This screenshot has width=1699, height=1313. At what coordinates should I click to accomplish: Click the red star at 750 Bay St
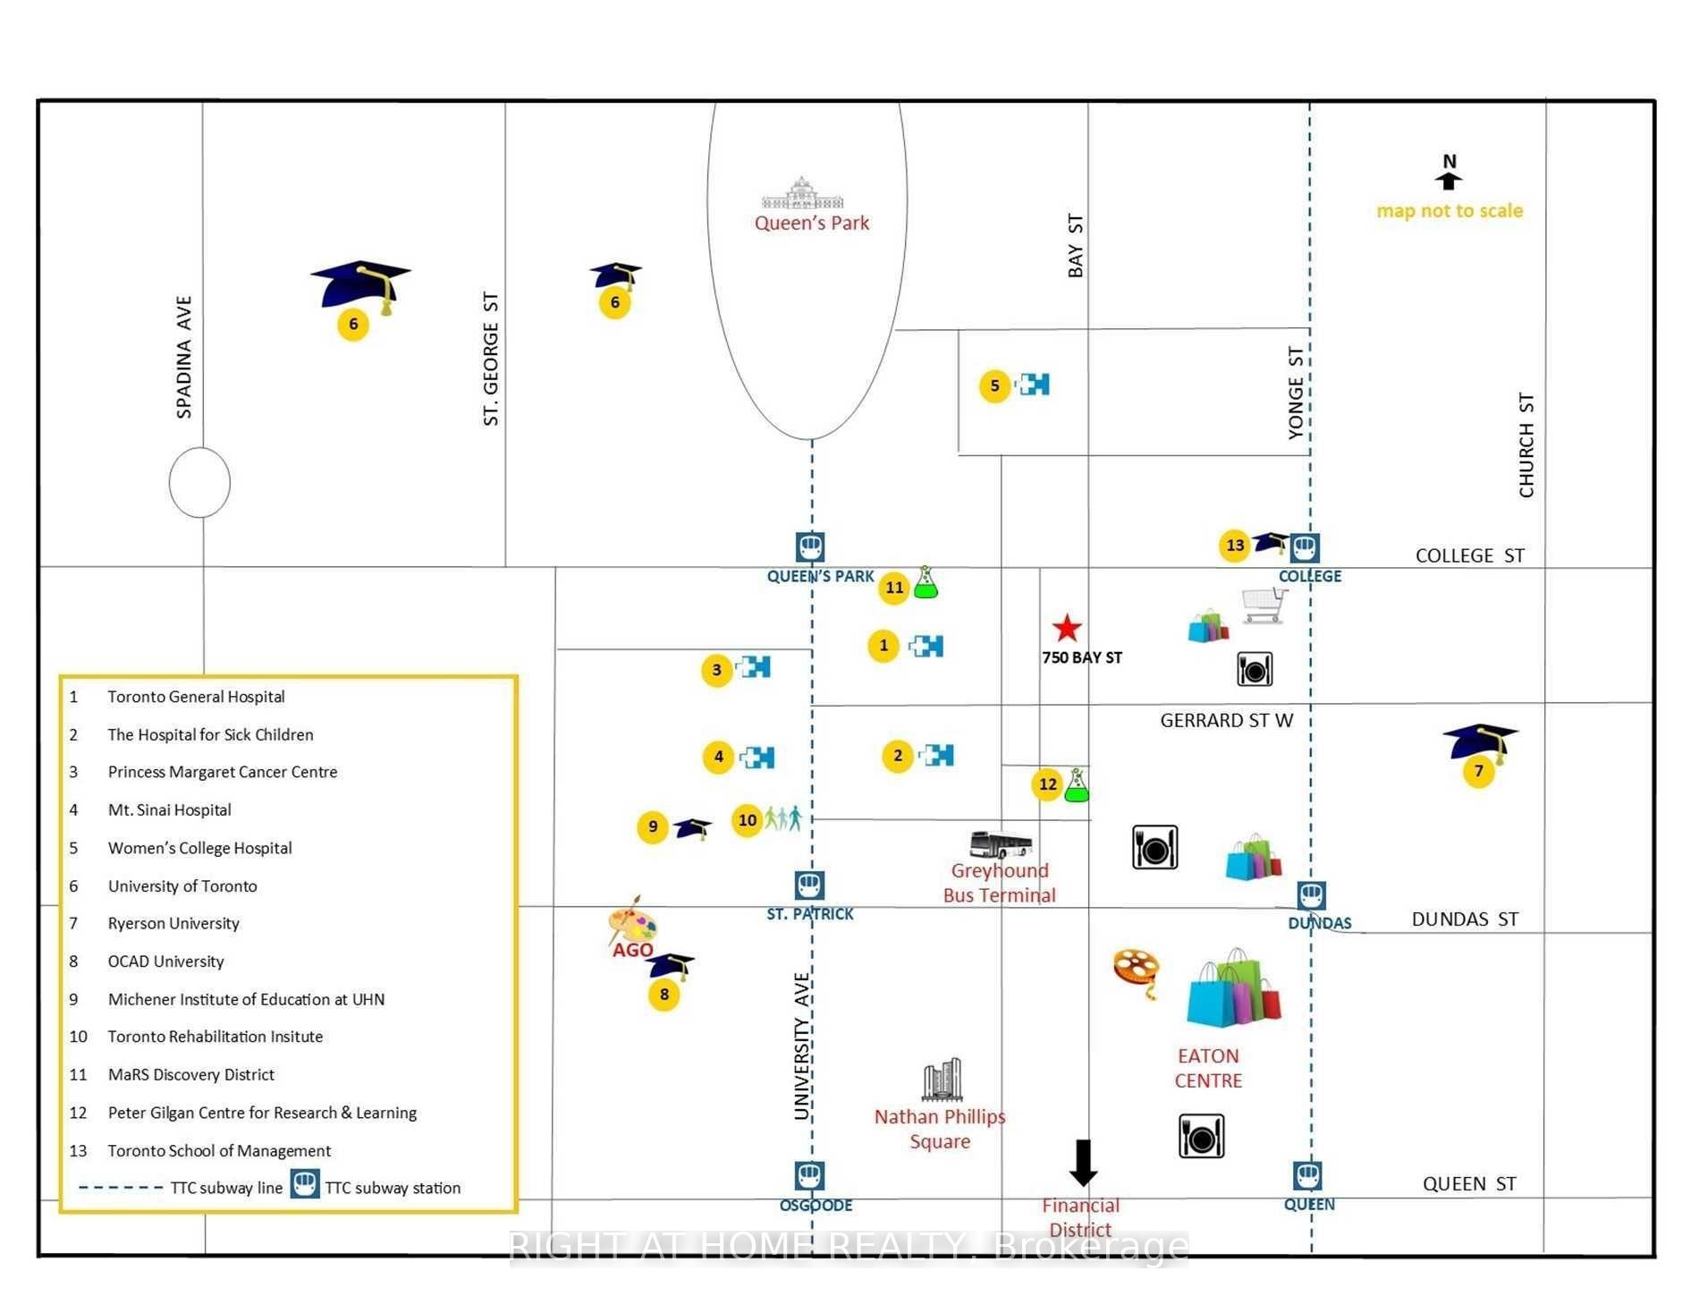[1066, 628]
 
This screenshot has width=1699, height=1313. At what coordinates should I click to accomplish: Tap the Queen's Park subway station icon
[810, 547]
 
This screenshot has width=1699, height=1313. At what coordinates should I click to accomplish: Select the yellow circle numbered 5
[994, 385]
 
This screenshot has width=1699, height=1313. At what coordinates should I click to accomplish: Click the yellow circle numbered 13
[1235, 545]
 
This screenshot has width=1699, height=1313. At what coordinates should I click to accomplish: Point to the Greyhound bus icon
[1001, 844]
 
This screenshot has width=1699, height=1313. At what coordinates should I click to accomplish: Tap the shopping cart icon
[1264, 606]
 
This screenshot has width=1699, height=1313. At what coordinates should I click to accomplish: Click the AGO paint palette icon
[631, 920]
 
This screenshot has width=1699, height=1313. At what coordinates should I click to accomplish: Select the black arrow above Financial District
[1084, 1163]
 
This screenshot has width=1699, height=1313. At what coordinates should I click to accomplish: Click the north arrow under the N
[1449, 181]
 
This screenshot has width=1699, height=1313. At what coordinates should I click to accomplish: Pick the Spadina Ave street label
[183, 357]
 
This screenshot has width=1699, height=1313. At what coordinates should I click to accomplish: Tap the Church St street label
[1526, 445]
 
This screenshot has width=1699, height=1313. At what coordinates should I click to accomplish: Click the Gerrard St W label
[1227, 720]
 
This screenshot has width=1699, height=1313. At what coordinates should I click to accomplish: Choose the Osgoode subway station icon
[809, 1176]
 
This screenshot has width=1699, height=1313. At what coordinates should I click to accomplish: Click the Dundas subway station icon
[1311, 895]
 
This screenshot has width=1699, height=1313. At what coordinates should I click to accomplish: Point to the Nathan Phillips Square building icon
[942, 1080]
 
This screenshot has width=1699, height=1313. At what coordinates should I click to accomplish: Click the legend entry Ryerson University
[173, 923]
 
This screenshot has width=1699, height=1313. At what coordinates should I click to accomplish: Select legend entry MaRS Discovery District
[191, 1074]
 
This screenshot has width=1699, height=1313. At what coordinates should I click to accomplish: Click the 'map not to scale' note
[1450, 210]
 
